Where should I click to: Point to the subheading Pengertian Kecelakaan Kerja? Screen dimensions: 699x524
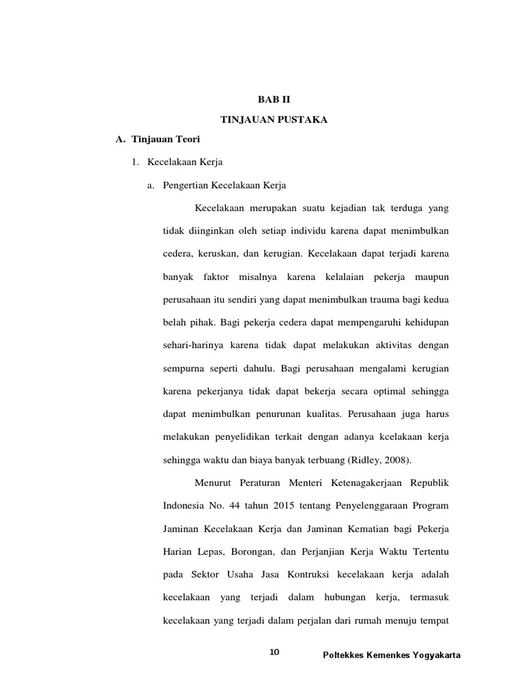[224, 185]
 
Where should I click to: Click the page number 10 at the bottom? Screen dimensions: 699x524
[274, 653]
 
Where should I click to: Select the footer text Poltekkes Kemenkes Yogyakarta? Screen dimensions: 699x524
[392, 655]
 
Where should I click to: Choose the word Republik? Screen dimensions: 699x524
[428, 484]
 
